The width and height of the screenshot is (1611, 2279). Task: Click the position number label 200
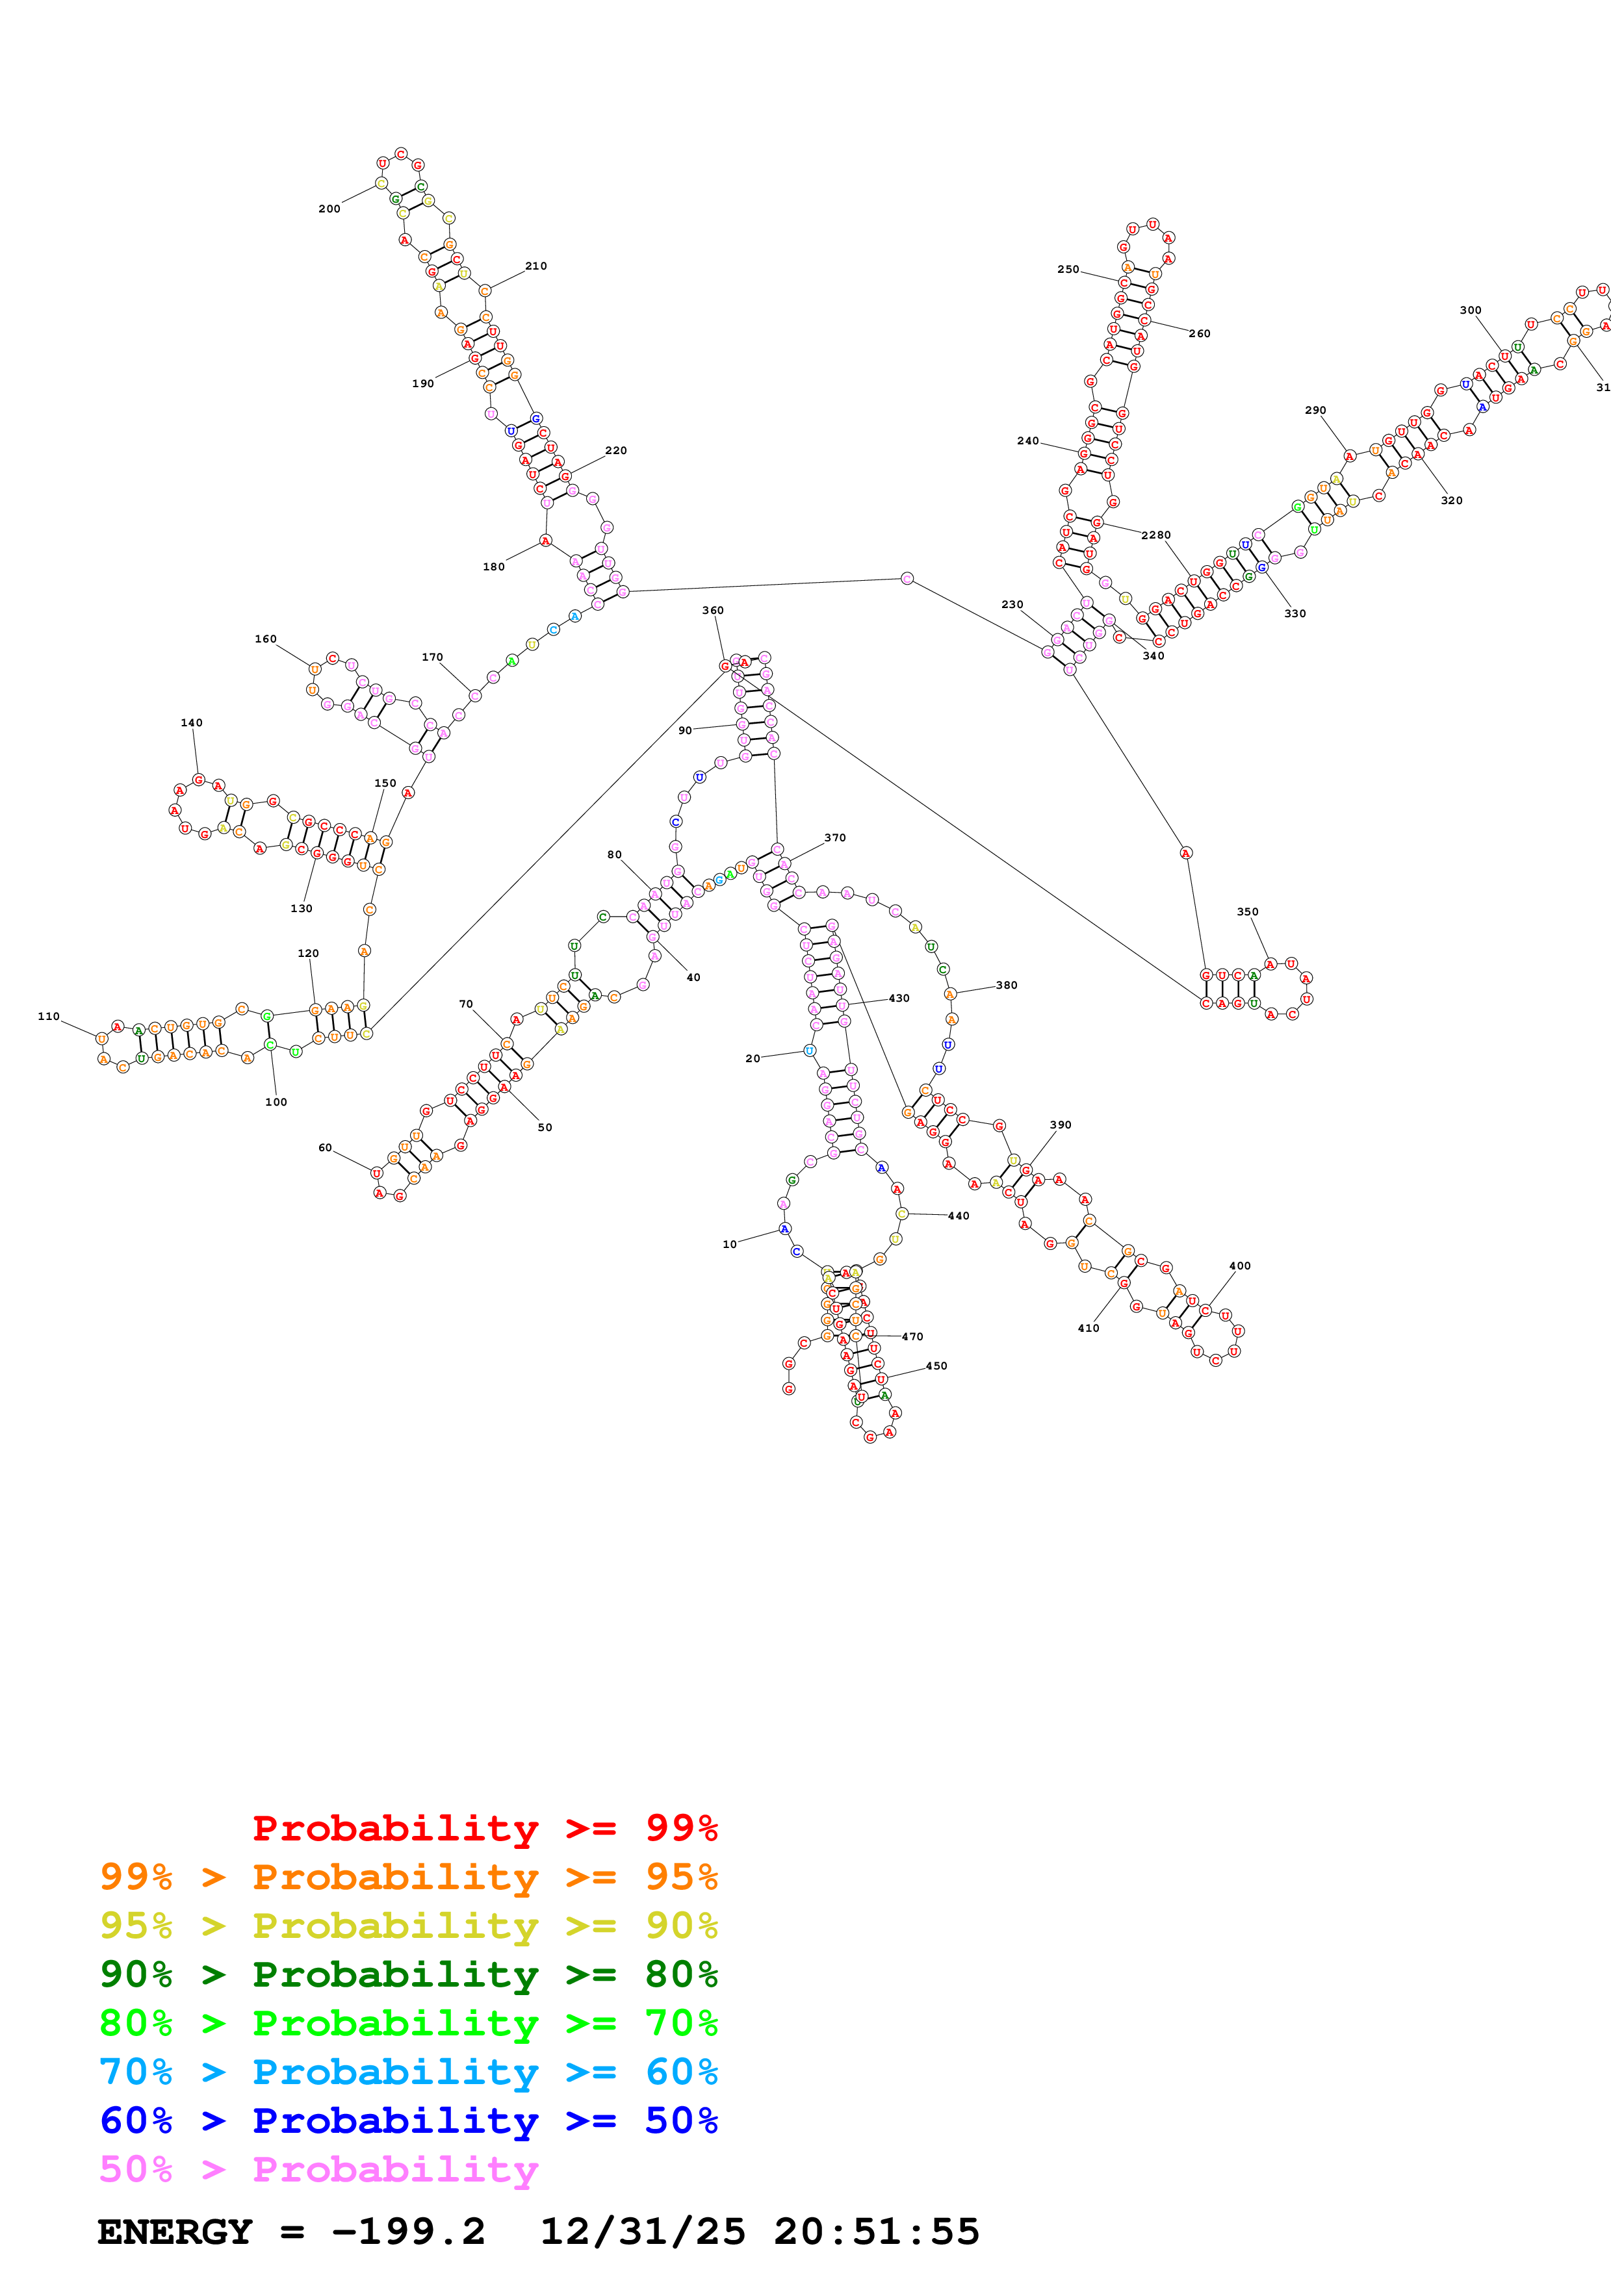[x=329, y=209]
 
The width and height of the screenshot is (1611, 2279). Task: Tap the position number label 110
[x=49, y=1017]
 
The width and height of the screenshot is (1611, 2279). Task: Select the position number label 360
[x=713, y=611]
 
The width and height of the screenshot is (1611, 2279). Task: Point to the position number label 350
[x=1248, y=911]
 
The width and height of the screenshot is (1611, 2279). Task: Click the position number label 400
[x=1240, y=1266]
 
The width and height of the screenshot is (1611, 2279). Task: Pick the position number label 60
[x=324, y=1147]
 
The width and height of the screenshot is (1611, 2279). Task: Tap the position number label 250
[x=1068, y=269]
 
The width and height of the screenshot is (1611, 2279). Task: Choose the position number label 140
[x=192, y=722]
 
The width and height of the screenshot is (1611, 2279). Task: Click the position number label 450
[x=936, y=1366]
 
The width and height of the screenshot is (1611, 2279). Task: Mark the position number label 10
[x=730, y=1243]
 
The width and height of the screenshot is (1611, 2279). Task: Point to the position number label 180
[x=493, y=567]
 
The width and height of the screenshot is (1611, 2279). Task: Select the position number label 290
[x=1315, y=410]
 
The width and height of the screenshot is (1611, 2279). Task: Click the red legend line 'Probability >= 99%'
[x=484, y=1827]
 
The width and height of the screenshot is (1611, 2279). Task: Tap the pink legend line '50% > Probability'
[x=318, y=2169]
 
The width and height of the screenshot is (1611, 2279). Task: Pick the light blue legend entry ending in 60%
[x=408, y=2072]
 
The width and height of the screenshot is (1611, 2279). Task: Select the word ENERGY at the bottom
[x=175, y=2232]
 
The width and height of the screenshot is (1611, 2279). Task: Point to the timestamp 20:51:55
[x=877, y=2232]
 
